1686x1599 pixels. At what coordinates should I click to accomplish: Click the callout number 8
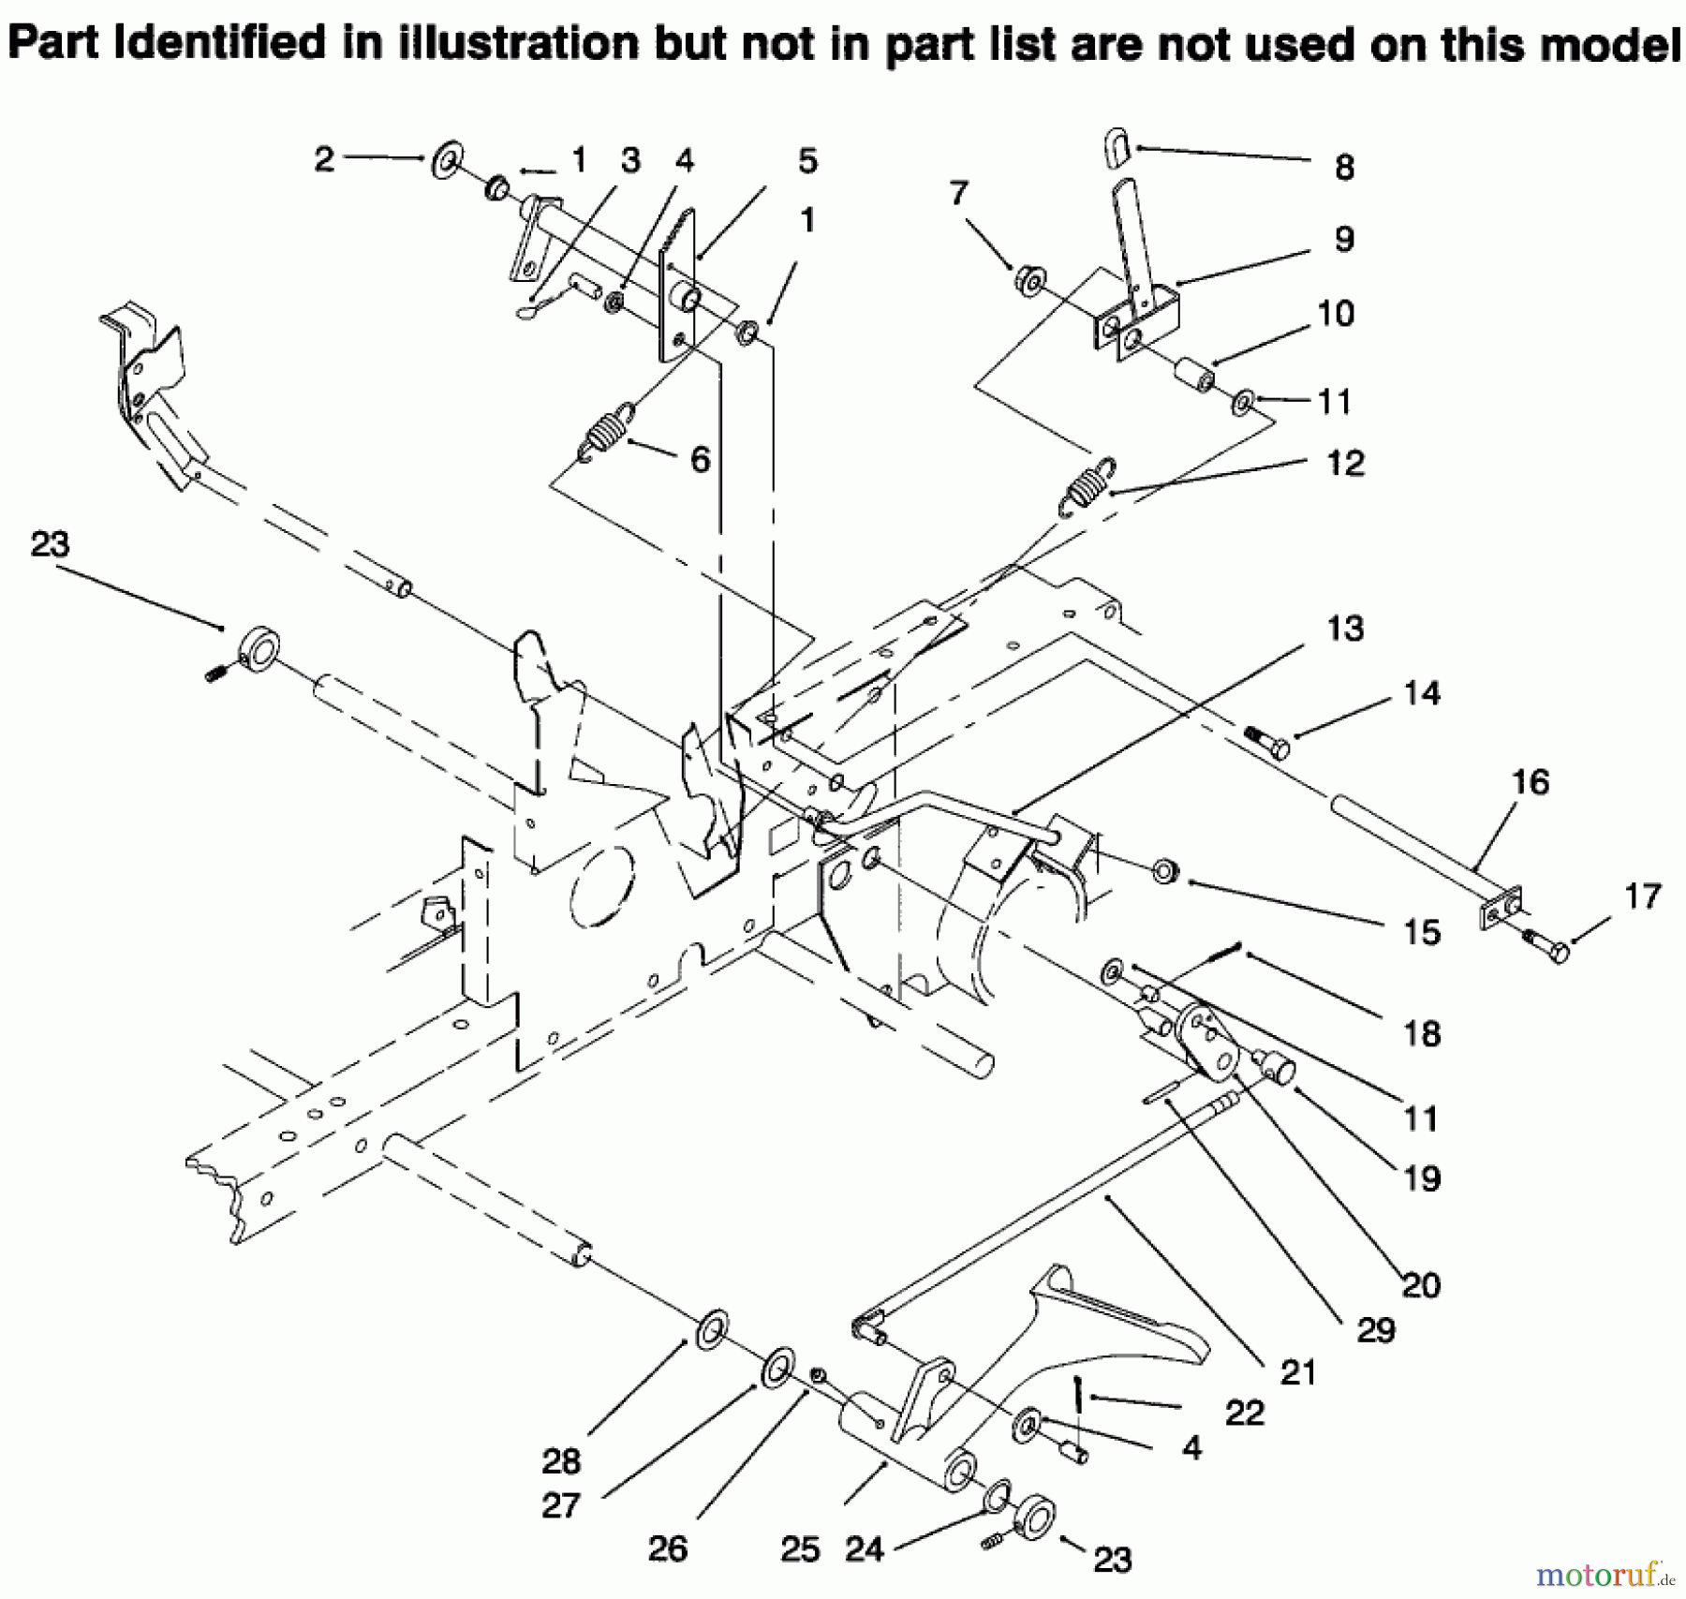(x=1344, y=169)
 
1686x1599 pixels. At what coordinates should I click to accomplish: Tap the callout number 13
(x=1345, y=629)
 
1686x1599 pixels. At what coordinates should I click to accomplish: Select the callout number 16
(x=1531, y=782)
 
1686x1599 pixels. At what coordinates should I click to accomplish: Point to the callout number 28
(x=561, y=1460)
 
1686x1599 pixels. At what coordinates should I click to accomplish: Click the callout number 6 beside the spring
(x=700, y=460)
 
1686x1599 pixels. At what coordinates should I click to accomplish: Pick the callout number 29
(x=1375, y=1329)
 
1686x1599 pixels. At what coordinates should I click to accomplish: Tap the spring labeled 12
(x=1087, y=487)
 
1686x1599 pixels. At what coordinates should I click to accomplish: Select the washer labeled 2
(x=448, y=161)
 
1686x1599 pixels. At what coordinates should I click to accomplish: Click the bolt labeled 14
(x=1267, y=742)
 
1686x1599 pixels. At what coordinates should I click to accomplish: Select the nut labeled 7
(x=1028, y=280)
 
